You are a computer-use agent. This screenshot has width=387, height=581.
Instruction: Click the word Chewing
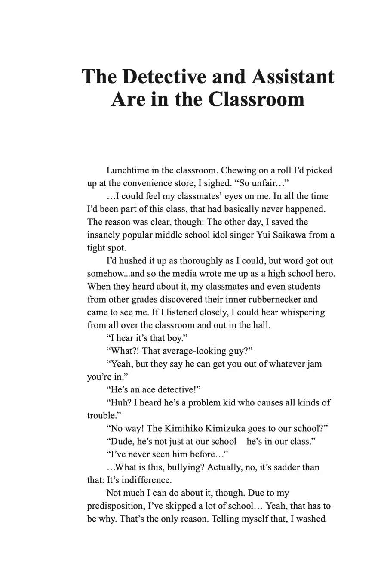point(238,170)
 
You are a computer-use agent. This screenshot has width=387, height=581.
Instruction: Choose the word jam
point(314,364)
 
